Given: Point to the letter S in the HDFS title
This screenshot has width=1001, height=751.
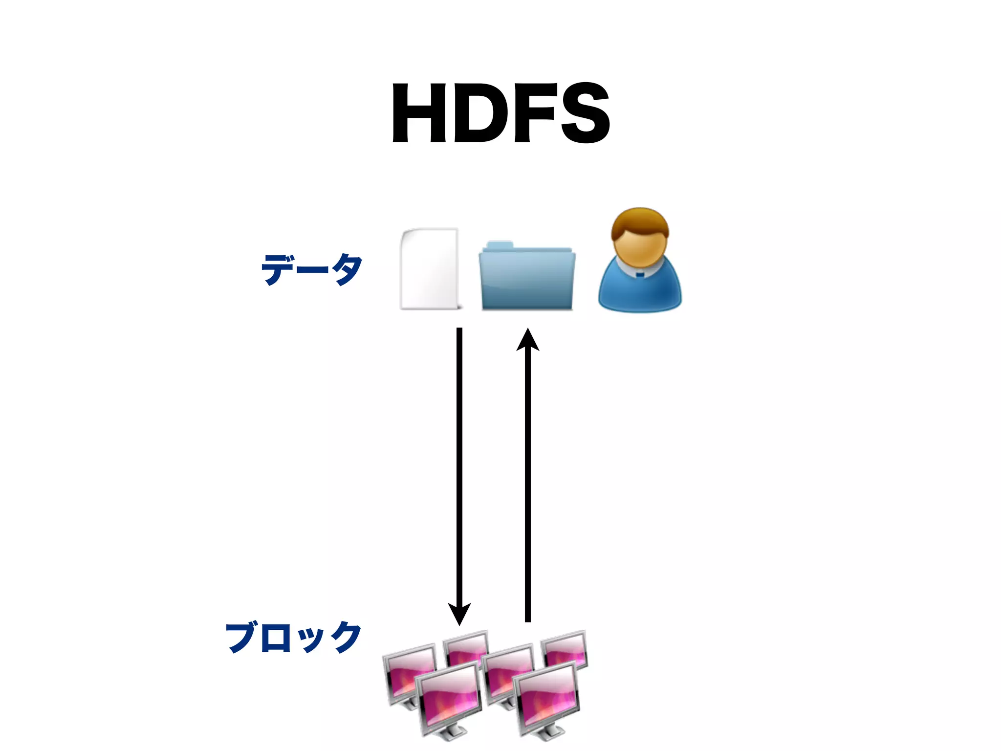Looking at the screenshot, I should (585, 113).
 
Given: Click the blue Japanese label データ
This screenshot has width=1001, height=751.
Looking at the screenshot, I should (311, 269).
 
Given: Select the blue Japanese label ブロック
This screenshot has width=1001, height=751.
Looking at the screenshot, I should (293, 637).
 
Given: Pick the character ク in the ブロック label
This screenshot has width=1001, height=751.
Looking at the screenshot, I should (346, 637).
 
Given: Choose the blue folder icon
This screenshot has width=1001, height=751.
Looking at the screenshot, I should (527, 281).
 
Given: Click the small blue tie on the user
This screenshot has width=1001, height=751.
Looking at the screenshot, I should (640, 275).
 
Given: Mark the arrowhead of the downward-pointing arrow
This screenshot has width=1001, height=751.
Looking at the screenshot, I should (459, 614).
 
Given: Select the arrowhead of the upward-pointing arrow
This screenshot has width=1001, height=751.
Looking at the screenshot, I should (528, 340).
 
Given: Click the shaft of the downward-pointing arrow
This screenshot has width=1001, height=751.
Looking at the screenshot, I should (459, 464).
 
